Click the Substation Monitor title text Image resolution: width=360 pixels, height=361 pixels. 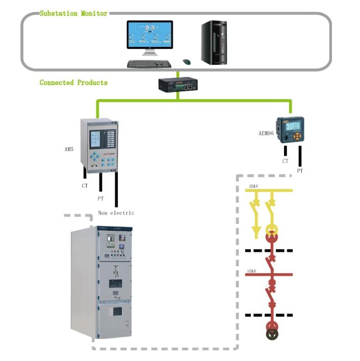tap(73, 13)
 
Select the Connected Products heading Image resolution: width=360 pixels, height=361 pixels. tap(73, 82)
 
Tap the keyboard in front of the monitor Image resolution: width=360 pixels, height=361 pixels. tap(149, 64)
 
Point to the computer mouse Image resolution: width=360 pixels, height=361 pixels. tap(187, 62)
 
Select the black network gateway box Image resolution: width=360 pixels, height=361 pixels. tap(178, 84)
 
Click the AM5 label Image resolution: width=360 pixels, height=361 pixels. tap(69, 149)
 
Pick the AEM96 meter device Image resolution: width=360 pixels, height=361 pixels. tap(290, 130)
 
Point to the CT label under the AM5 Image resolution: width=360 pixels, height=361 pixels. tap(85, 186)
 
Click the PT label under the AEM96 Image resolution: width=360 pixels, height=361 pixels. tap(300, 171)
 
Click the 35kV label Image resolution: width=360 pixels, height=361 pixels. tap(253, 186)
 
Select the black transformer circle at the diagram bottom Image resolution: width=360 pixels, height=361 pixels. tap(272, 334)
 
